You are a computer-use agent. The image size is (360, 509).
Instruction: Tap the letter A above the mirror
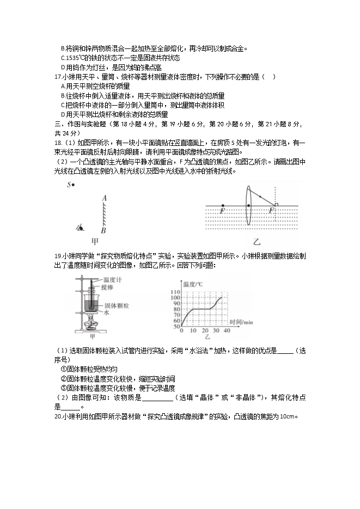(x=103, y=199)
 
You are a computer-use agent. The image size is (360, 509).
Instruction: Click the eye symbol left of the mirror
(x=81, y=228)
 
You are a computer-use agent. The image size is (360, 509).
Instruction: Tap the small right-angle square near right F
(x=277, y=205)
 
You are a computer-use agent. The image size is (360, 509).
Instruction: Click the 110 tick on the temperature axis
(x=175, y=292)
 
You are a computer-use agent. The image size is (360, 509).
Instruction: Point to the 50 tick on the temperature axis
(x=175, y=327)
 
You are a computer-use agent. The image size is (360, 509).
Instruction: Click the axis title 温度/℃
(x=193, y=284)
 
